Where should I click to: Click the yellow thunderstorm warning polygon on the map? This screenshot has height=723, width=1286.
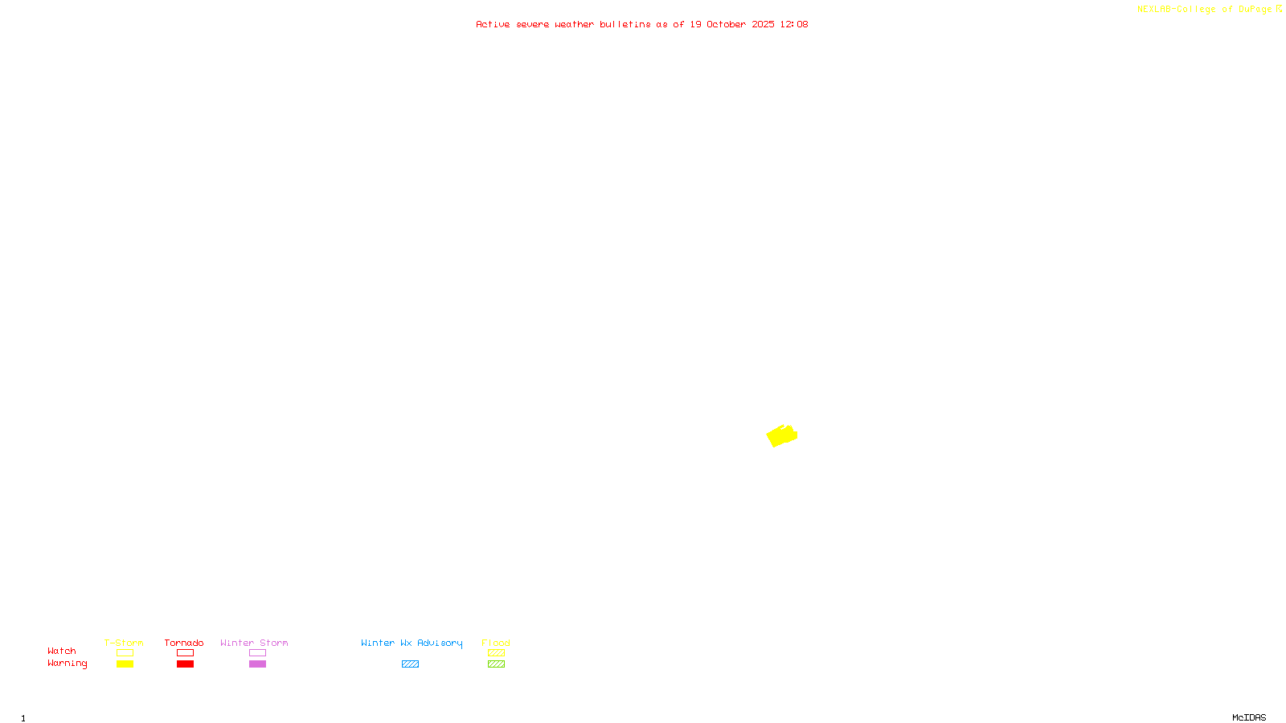(x=780, y=436)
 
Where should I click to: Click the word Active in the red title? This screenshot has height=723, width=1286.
(x=493, y=24)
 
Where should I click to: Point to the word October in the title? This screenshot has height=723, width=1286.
(x=726, y=24)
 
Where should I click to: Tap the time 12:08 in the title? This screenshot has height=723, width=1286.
(x=794, y=24)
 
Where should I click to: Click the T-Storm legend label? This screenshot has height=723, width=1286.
(x=124, y=643)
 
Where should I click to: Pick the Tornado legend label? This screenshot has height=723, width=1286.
(x=184, y=643)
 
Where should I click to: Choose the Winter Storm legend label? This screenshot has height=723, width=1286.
(x=254, y=643)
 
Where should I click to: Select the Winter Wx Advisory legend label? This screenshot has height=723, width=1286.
(x=412, y=643)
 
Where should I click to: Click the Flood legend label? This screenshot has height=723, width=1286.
(x=496, y=643)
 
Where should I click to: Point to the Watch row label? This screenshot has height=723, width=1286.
(x=62, y=651)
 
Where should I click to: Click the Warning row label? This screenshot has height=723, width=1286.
(x=68, y=664)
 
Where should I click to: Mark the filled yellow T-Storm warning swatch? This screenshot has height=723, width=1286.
(x=125, y=664)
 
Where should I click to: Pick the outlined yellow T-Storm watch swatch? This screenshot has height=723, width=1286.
(x=125, y=653)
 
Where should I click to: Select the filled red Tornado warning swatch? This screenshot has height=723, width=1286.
(x=186, y=664)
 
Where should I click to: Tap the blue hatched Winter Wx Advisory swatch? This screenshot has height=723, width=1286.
(x=410, y=664)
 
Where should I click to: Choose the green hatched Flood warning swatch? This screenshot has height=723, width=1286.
(x=496, y=664)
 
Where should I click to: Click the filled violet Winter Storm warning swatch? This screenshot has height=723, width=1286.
(x=257, y=664)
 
